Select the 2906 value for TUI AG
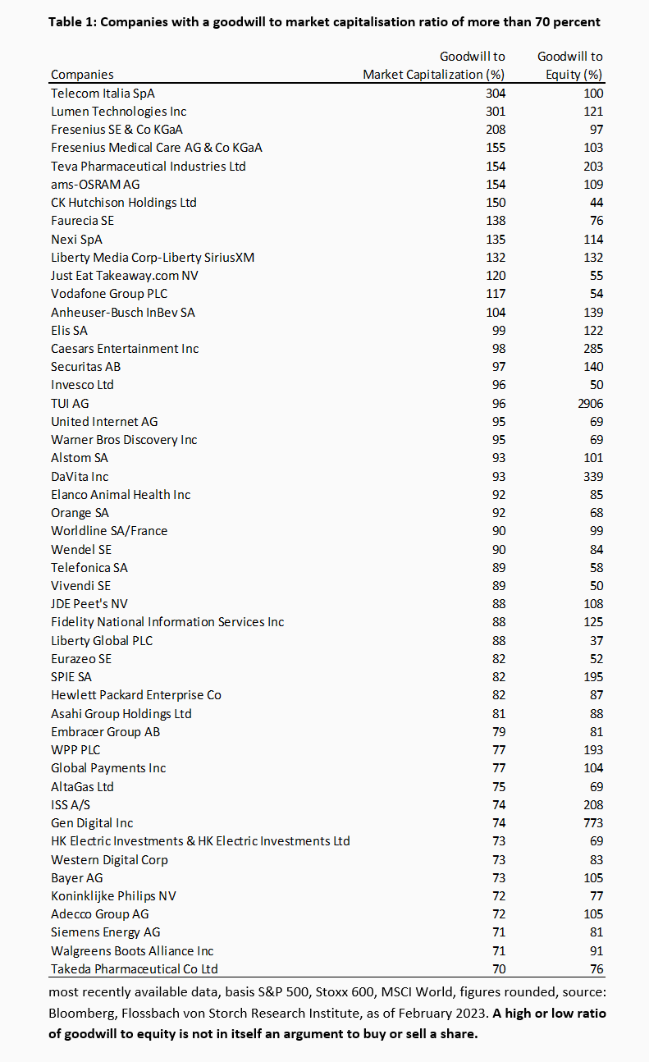588,403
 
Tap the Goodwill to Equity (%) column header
570,66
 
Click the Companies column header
82,75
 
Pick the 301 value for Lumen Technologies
496,111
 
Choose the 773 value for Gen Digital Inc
592,822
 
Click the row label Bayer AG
77,877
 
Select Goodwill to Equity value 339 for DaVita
592,476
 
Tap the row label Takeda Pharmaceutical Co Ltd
135,968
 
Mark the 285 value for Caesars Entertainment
592,348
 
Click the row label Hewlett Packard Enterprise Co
136,694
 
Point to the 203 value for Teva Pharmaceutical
592,166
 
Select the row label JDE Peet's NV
90,604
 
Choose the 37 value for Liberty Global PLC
596,640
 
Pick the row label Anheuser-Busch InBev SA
123,312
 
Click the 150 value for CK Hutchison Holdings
496,202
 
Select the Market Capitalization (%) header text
434,75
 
